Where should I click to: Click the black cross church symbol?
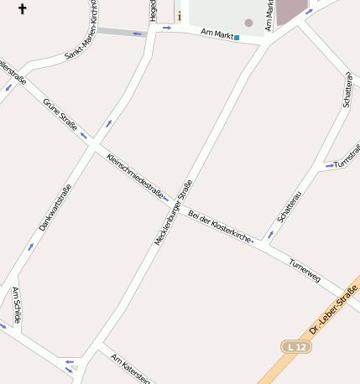22,9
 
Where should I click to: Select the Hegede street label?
153,11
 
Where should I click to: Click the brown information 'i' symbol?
179,15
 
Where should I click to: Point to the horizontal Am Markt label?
217,34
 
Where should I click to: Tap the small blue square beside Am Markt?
237,38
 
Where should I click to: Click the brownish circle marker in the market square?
248,23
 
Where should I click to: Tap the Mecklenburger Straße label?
174,212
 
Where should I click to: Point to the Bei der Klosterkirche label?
219,226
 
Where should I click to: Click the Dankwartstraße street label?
55,207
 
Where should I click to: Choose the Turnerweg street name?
305,268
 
